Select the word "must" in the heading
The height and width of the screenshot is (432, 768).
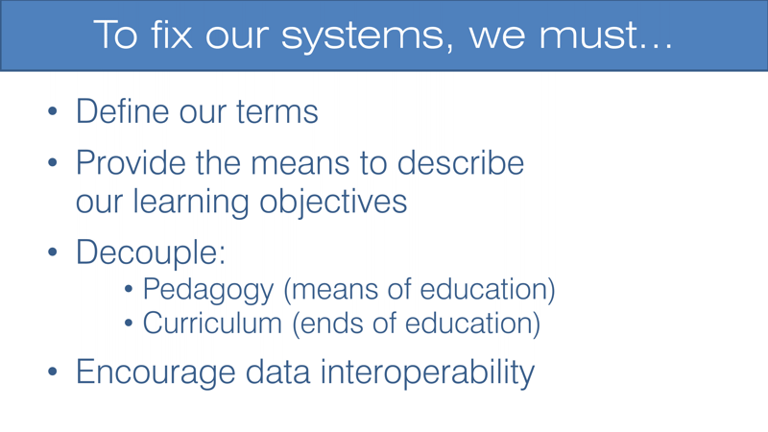point(593,36)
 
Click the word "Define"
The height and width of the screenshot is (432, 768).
point(122,111)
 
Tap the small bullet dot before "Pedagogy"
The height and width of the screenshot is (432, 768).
point(132,290)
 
